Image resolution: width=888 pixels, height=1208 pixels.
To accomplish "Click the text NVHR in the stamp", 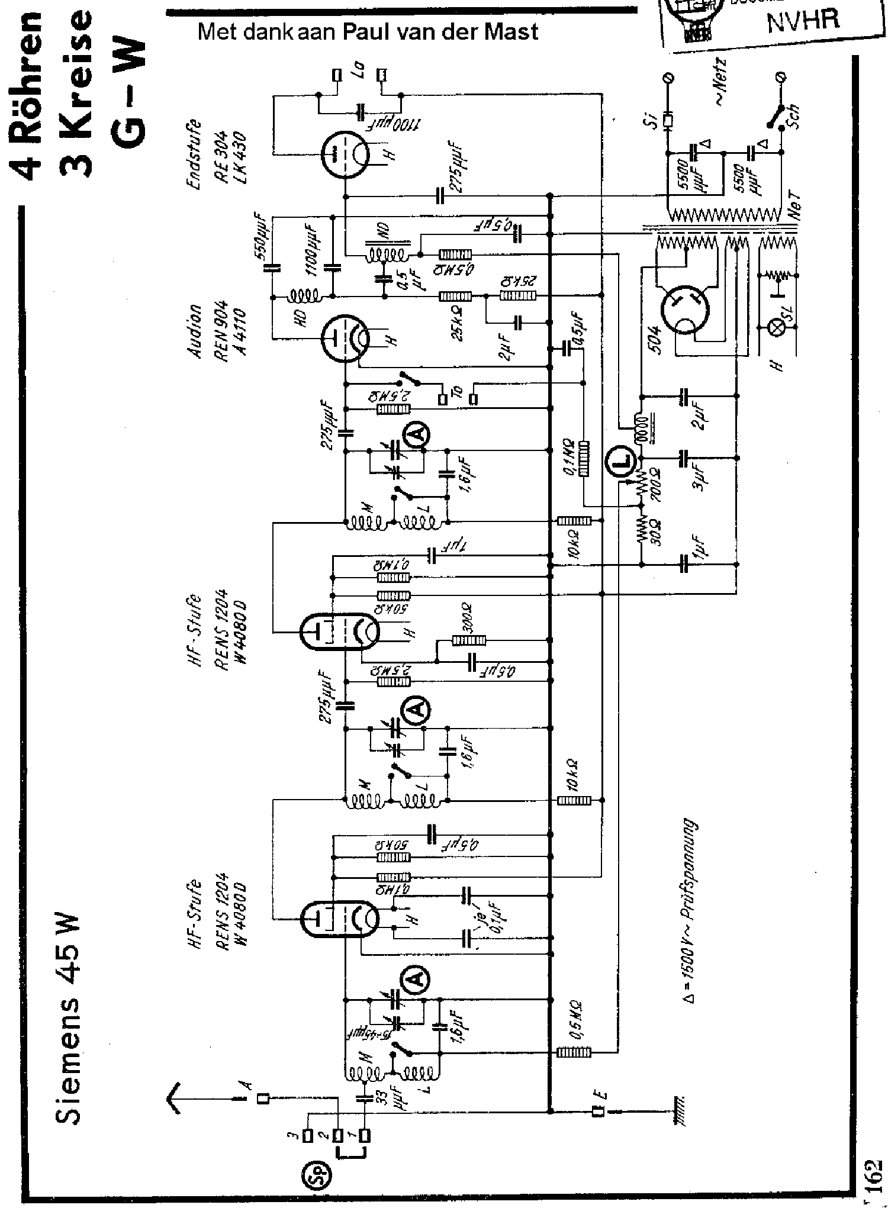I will click(803, 21).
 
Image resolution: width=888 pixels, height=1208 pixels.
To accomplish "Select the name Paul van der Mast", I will click(441, 31).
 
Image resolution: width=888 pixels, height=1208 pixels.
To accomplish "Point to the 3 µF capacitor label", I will click(700, 474).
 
